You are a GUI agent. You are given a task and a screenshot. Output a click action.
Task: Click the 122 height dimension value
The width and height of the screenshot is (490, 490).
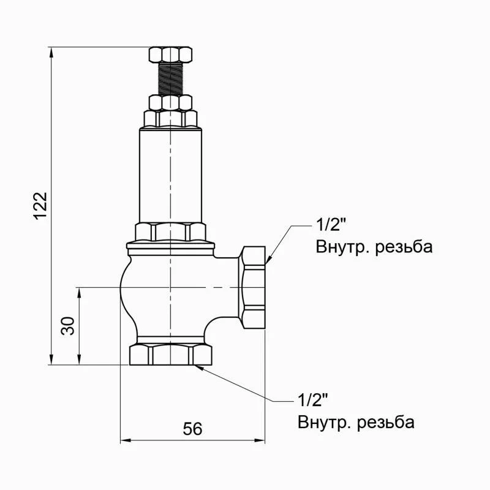click(40, 206)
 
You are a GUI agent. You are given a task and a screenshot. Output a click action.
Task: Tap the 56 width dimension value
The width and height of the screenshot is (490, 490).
click(192, 429)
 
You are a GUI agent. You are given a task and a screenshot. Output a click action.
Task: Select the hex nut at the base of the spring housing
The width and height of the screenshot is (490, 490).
click(170, 232)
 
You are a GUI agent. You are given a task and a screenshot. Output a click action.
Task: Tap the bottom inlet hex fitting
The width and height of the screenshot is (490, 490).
click(170, 355)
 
